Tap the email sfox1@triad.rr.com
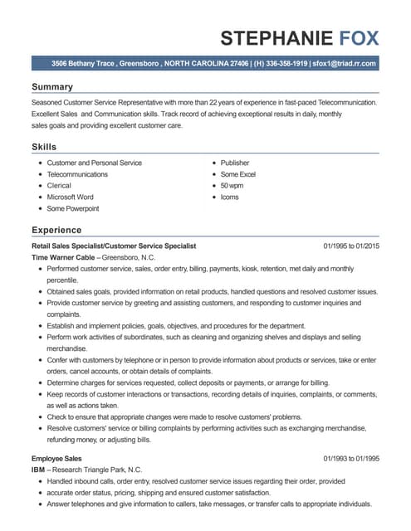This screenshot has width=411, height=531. pyautogui.click(x=345, y=63)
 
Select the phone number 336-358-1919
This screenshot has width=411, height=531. pyautogui.click(x=281, y=63)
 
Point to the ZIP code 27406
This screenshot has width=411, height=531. pyautogui.click(x=239, y=63)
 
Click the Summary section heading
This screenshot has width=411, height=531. pyautogui.click(x=52, y=87)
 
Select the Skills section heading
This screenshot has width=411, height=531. pyautogui.click(x=44, y=146)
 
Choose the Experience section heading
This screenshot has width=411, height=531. pyautogui.click(x=56, y=229)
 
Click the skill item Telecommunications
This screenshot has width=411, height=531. pyautogui.click(x=77, y=174)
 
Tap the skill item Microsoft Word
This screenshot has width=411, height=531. pyautogui.click(x=71, y=197)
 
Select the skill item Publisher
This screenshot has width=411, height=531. pyautogui.click(x=235, y=163)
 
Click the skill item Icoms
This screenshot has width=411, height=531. pyautogui.click(x=230, y=197)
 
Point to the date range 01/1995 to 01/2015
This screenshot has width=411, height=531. pyautogui.click(x=351, y=246)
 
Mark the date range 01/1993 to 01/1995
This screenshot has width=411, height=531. pyautogui.click(x=351, y=458)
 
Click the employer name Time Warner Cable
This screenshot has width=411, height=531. pyautogui.click(x=63, y=258)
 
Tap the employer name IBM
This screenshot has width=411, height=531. pyautogui.click(x=39, y=470)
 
